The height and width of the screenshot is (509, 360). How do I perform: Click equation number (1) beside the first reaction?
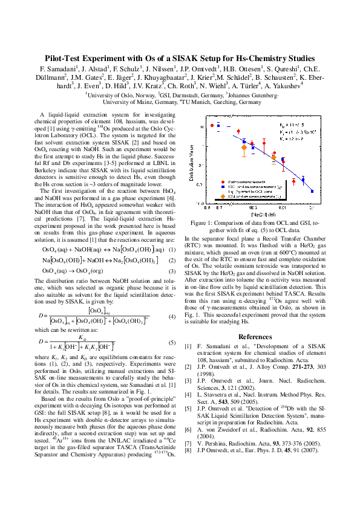(x=172, y=249)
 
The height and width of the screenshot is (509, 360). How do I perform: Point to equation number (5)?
(x=172, y=342)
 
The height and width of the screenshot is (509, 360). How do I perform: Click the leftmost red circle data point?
(x=212, y=126)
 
